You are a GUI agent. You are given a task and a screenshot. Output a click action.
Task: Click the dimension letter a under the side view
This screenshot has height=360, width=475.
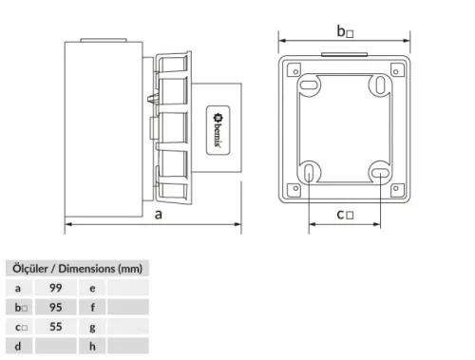pos(156,215)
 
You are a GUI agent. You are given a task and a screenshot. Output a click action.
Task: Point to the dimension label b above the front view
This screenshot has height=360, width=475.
pos(344,31)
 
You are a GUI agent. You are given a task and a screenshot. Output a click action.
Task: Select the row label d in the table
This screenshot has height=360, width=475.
pos(17,347)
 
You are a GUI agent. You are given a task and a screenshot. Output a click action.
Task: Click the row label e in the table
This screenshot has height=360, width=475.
pos(92,287)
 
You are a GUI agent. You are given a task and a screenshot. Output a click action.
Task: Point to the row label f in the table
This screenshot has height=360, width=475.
pos(92,307)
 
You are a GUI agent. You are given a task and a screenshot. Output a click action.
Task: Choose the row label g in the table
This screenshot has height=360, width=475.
pos(92,327)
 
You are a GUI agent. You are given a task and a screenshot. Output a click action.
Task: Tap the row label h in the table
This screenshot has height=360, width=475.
pos(92,347)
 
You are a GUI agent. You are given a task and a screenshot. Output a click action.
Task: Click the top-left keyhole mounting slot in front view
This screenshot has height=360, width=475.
pos(310,87)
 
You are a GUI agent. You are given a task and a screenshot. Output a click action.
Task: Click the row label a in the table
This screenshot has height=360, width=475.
pos(17,287)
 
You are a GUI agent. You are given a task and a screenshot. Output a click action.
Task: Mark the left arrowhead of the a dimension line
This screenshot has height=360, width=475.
pos(67,226)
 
